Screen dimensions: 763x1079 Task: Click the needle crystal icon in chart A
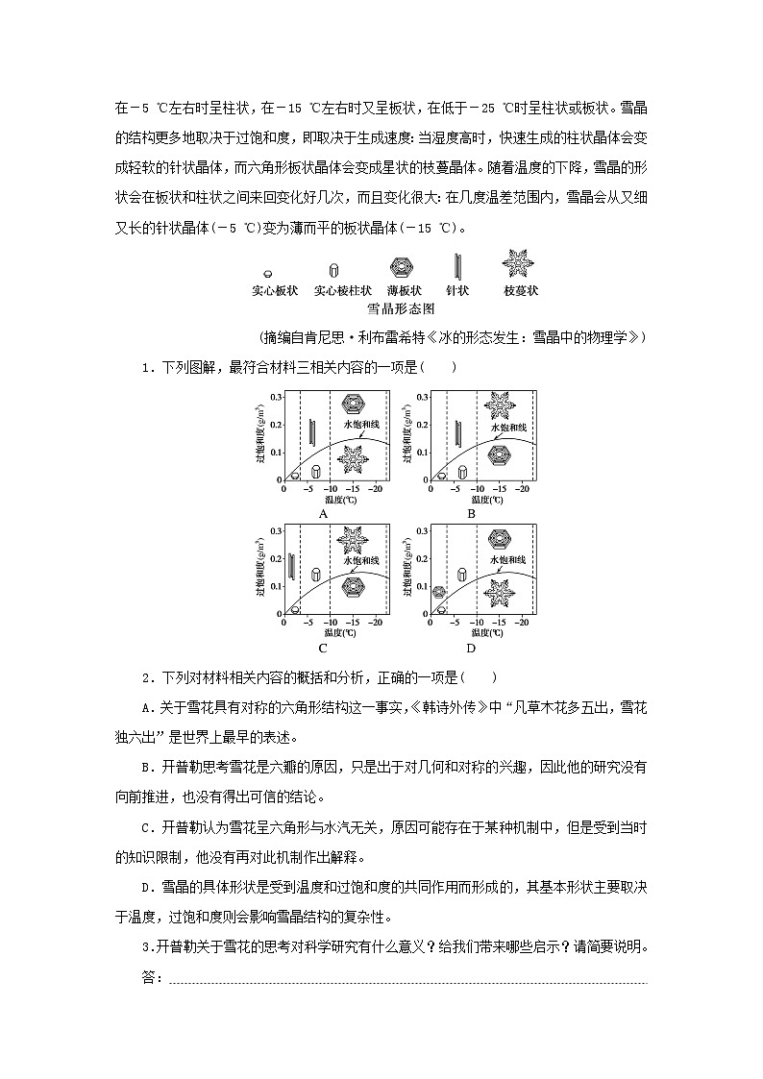(311, 431)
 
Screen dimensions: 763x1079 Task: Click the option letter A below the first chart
(324, 513)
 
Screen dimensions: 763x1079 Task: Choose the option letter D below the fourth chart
(472, 649)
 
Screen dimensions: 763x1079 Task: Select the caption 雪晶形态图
(401, 309)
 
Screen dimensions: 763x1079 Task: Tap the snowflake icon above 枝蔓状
(519, 262)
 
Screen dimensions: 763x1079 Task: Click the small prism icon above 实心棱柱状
(333, 271)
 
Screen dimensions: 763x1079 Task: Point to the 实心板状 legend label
(275, 291)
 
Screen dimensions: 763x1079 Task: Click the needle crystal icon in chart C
(291, 566)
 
